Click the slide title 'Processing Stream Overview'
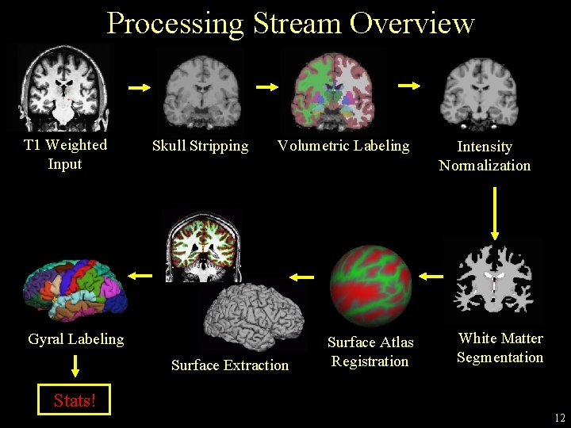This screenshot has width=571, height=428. pos(290,23)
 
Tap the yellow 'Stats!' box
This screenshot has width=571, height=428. pos(75,400)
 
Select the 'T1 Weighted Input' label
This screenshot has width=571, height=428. pos(65,155)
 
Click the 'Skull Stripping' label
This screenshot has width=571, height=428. pos(200,146)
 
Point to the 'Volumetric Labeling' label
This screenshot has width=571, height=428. pos(343,146)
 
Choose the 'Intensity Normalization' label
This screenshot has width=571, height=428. pos(485,156)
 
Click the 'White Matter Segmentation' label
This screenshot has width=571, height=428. pos(500,348)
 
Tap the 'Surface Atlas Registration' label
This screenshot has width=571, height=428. pos(370,352)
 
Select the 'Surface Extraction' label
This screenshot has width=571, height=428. pos(230,365)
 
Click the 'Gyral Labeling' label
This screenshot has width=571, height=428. pos(76,339)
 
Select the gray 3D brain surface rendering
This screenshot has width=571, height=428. pos(253,315)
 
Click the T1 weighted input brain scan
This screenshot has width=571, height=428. pos(60,87)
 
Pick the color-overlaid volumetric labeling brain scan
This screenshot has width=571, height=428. pos(334,89)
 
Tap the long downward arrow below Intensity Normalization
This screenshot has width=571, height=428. pos(495,212)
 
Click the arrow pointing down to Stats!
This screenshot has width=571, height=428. pos(75,365)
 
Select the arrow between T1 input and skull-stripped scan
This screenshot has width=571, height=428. pos(139,88)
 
